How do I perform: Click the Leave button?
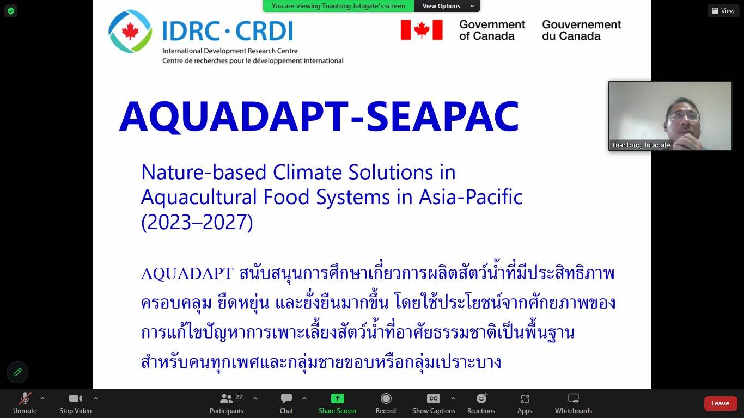coord(719,403)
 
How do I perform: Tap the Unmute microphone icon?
coord(25,398)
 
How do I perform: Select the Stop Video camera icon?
coord(75,398)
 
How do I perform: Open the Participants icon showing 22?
coord(227,398)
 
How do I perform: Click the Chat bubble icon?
coord(286,398)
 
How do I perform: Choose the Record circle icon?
coord(386,398)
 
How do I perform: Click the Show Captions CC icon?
coord(434,398)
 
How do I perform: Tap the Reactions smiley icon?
coord(481,398)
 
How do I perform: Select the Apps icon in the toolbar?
coord(525,398)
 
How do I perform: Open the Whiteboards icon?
coord(574,398)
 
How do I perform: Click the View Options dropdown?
coord(447,6)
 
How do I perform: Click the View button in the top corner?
coord(723,11)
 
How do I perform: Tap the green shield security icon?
coord(11,11)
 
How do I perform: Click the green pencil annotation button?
coord(17,372)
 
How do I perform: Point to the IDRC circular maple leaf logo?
coord(130,31)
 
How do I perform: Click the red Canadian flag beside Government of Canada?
coord(422,30)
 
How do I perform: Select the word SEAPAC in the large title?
coord(442,116)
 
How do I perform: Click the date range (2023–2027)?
coord(197,222)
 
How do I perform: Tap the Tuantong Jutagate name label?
coord(641,145)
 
